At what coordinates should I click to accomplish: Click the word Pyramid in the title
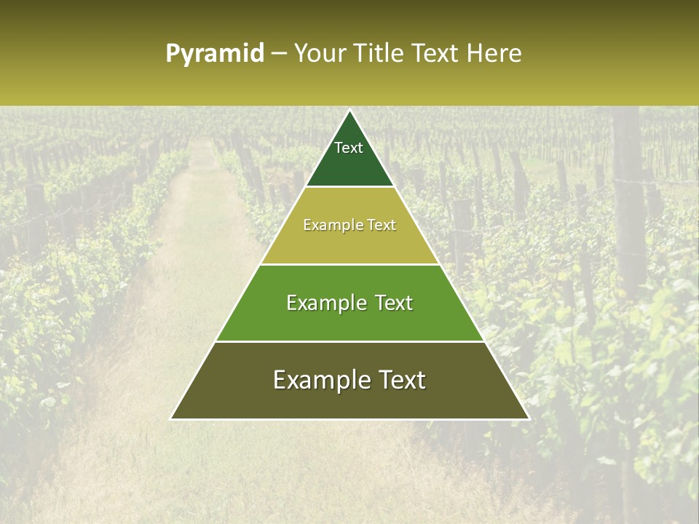click(215, 54)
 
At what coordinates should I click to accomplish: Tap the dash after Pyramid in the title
click(279, 54)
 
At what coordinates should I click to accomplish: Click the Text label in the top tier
click(349, 148)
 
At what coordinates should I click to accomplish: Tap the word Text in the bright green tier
click(394, 303)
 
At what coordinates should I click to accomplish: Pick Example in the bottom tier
click(321, 380)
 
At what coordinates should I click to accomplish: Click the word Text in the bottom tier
click(401, 380)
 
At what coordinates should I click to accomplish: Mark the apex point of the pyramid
click(350, 111)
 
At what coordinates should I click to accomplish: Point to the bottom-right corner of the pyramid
click(529, 418)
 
